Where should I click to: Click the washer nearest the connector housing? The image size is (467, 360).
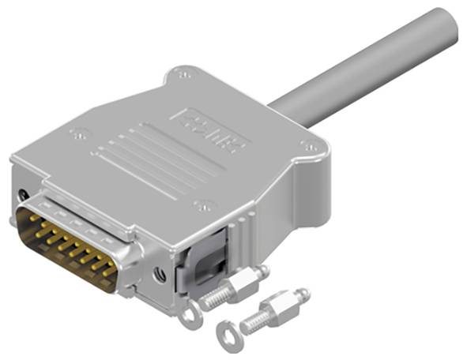190,314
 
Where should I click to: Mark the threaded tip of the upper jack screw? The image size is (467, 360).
207,301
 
